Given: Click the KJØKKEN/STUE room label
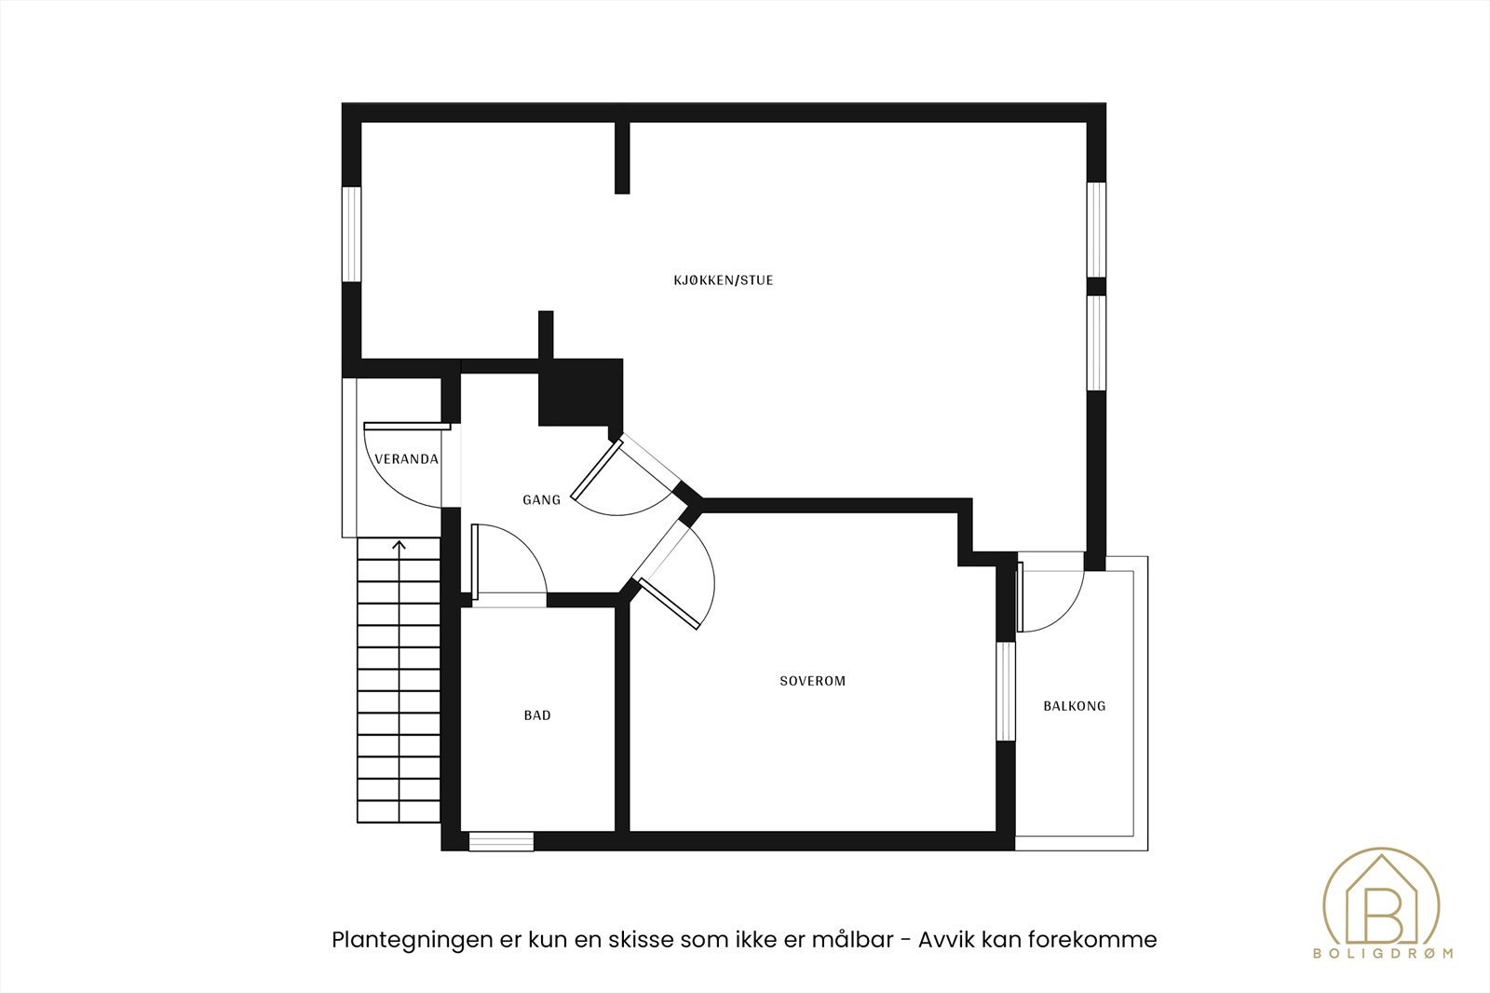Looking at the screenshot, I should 724,279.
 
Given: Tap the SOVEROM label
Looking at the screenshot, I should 812,681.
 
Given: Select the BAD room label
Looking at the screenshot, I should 537,715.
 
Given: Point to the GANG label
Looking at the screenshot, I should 541,500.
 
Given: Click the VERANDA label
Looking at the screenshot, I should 405,459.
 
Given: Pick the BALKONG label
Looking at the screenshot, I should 1074,706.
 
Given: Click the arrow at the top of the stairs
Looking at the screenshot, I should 400,547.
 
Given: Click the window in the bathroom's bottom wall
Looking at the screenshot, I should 501,841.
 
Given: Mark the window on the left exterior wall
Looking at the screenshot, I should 351,234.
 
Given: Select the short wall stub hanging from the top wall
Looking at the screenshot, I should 622,157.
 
